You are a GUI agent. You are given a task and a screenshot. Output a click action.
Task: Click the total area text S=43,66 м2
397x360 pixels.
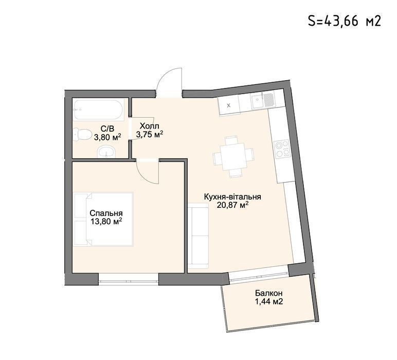pyautogui.click(x=345, y=21)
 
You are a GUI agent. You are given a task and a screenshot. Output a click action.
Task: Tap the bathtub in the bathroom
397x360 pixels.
pyautogui.click(x=99, y=110)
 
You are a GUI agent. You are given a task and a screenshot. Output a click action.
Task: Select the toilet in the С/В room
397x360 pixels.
pyautogui.click(x=83, y=135)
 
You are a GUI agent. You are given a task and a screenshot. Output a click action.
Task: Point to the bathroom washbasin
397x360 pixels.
pyautogui.click(x=106, y=152)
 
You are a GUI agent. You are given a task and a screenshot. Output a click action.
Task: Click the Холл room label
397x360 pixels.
pyautogui.click(x=149, y=126)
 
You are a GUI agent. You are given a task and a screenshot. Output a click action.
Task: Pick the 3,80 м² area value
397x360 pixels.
pyautogui.click(x=107, y=137)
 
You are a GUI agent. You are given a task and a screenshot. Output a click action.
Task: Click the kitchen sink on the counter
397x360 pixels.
pyautogui.click(x=262, y=100)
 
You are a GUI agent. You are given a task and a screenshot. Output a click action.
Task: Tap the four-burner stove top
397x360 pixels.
pyautogui.click(x=282, y=149)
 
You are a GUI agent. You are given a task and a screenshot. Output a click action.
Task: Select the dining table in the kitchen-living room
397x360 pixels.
pyautogui.click(x=233, y=156)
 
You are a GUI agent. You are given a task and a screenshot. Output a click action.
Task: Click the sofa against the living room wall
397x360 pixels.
pyautogui.click(x=199, y=236)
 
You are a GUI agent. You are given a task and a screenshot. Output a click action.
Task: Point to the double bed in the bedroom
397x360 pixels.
pyautogui.click(x=104, y=219)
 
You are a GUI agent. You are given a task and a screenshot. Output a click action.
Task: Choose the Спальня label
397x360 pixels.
pyautogui.click(x=106, y=213)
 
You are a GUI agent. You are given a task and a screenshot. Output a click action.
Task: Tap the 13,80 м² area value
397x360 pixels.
pyautogui.click(x=106, y=222)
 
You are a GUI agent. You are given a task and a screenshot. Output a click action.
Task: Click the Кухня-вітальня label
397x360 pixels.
pyautogui.click(x=232, y=196)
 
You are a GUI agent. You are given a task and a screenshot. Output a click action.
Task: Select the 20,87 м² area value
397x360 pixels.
pyautogui.click(x=232, y=205)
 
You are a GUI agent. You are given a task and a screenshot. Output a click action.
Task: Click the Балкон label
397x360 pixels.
pyautogui.click(x=268, y=293)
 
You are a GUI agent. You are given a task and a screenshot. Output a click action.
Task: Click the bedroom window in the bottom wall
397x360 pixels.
pyautogui.click(x=129, y=278)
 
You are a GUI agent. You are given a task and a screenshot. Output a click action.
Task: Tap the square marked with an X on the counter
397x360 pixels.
pyautogui.click(x=229, y=105)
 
